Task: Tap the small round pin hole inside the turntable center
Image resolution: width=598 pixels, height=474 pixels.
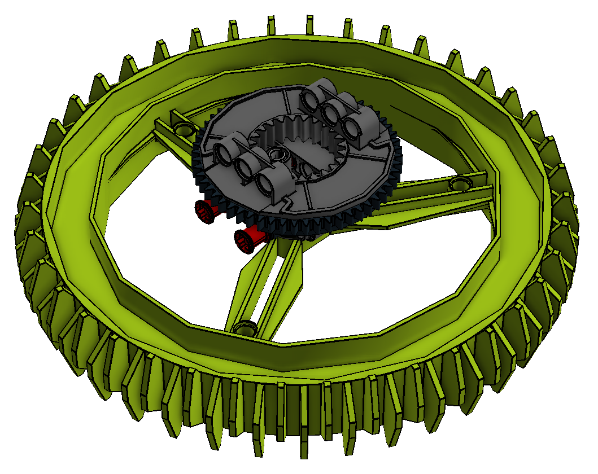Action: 277,153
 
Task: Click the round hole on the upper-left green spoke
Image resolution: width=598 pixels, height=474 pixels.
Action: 182,129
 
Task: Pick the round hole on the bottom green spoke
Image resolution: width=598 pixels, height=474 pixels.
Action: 245,327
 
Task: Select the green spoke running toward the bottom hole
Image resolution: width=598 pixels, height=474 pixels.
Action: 265,282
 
